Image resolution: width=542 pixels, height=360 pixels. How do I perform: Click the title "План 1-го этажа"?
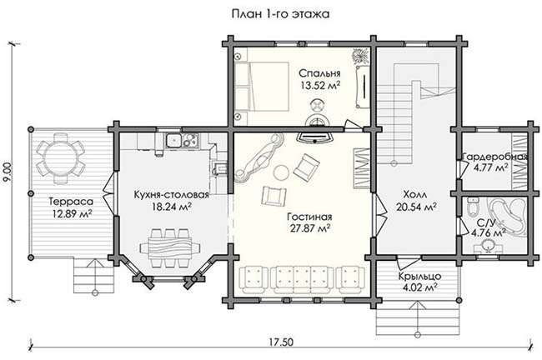coord(280,14)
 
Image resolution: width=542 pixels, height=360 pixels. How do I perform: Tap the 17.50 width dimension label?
coord(281,342)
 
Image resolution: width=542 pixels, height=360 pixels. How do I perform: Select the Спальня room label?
coord(319,73)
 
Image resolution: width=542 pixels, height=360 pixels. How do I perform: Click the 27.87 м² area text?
coord(309,228)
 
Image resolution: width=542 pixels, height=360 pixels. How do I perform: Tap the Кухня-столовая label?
coord(172,194)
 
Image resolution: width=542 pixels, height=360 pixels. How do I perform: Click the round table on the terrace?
coord(60,157)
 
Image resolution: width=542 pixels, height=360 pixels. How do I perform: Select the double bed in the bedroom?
coord(261,87)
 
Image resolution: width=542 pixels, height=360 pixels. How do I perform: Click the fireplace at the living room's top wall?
coord(315,137)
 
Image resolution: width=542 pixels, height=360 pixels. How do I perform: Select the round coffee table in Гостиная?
coord(281,172)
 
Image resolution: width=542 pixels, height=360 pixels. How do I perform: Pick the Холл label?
coord(414,194)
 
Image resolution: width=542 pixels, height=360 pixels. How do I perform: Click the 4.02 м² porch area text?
coord(419,287)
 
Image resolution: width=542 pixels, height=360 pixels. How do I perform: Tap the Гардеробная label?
coord(495,157)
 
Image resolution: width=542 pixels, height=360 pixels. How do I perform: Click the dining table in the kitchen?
coord(170,247)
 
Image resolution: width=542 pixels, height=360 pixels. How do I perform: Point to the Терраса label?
coord(71,201)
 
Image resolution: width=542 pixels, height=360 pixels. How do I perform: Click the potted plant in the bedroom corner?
coord(361,56)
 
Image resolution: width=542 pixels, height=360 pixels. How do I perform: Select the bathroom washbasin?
coord(489,246)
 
